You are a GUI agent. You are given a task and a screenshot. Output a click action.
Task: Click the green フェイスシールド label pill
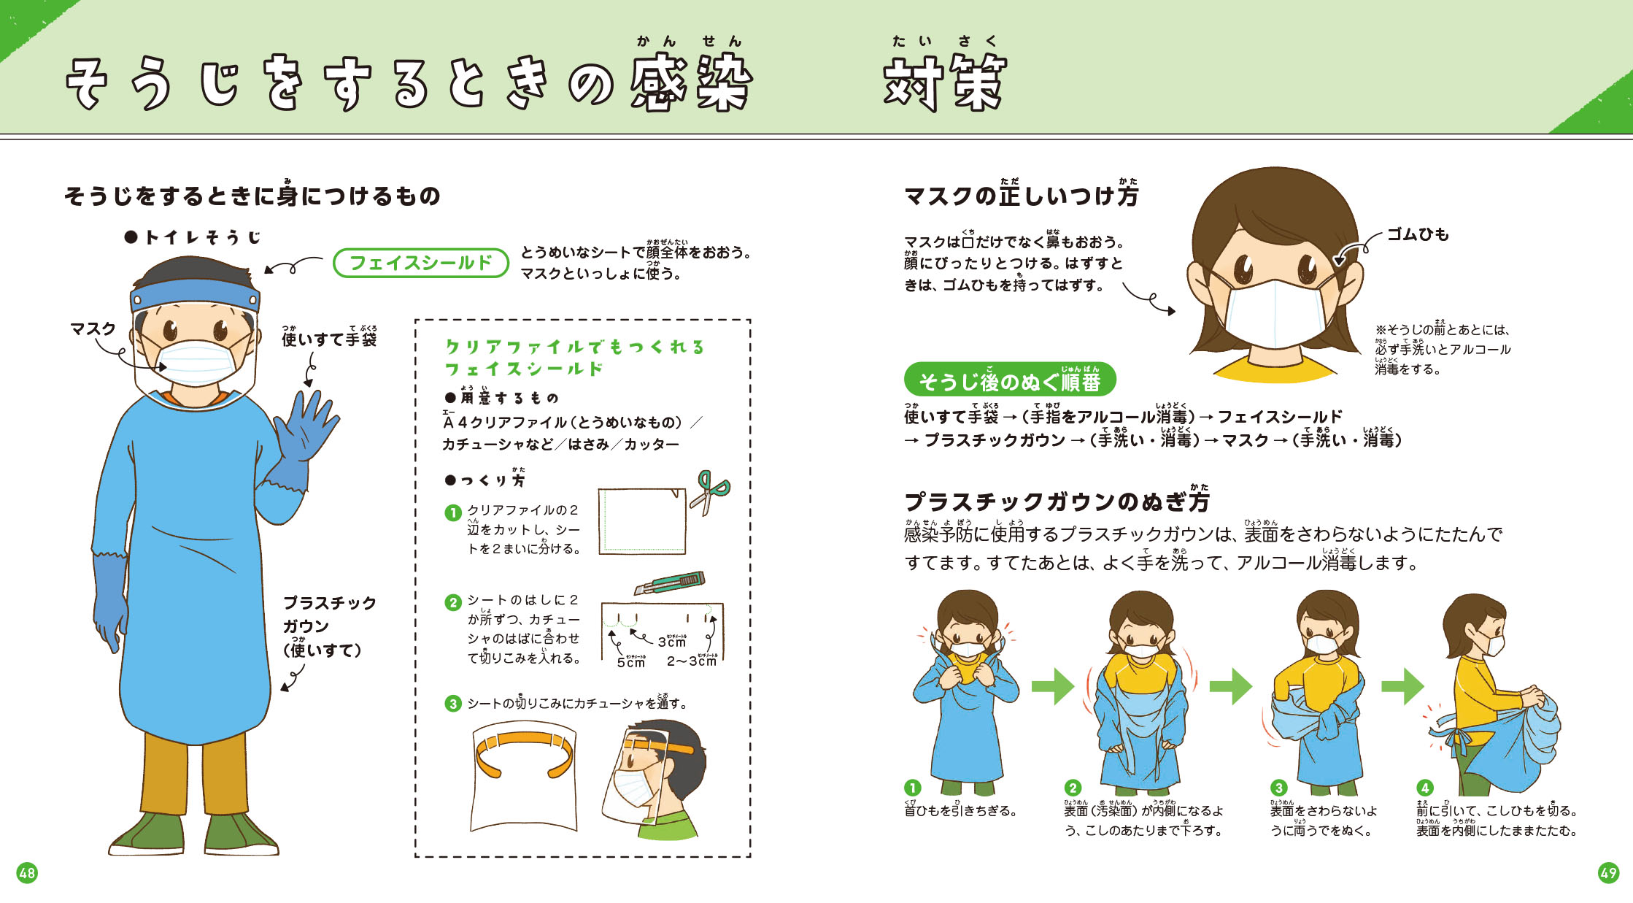point(420,263)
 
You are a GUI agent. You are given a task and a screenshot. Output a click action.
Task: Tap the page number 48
point(27,872)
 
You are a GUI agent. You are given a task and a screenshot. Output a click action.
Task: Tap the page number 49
point(1608,872)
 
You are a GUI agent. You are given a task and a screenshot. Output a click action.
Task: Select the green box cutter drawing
point(669,583)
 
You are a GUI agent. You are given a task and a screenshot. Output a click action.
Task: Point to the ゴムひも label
point(1417,234)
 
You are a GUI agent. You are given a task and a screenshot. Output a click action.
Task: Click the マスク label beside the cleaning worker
point(93,329)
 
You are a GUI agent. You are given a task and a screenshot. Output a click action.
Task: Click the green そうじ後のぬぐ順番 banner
point(1009,380)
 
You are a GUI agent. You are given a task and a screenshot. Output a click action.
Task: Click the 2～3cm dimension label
point(691,661)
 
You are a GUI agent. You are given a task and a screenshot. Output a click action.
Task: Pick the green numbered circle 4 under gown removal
point(1424,788)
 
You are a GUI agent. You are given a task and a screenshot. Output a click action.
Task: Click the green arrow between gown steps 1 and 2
point(1052,686)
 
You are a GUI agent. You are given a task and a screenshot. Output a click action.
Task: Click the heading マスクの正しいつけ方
point(1021,196)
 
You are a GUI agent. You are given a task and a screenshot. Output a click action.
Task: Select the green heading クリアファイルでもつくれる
point(575,347)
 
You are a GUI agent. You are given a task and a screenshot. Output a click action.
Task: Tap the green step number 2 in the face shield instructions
point(453,602)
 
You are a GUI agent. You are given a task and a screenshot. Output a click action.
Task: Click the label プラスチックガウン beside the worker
point(329,614)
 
